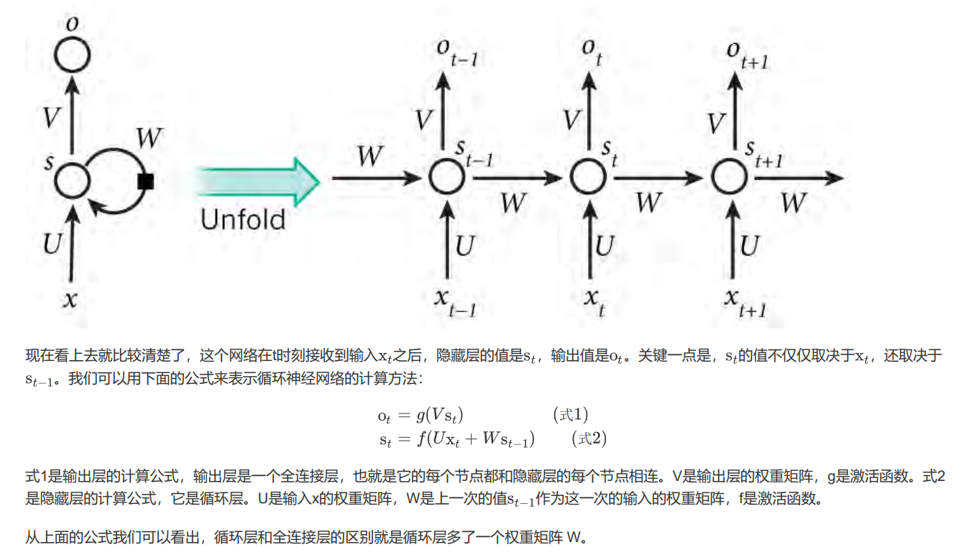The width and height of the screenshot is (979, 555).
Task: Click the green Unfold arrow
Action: tap(259, 180)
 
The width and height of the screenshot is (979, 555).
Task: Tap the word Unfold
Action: tap(243, 219)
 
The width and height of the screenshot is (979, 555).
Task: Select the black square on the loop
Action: tap(146, 181)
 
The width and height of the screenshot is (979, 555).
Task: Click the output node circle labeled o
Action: tap(72, 55)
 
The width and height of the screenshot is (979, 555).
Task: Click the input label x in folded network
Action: tap(70, 299)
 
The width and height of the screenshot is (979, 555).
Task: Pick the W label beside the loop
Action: tap(150, 138)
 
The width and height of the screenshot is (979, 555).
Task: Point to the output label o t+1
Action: tap(746, 53)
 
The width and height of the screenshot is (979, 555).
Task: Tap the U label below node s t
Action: tap(605, 247)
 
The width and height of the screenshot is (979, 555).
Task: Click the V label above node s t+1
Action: tap(716, 123)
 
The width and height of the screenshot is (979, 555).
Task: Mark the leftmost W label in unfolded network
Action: tap(370, 156)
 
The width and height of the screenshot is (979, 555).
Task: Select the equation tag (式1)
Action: tap(571, 415)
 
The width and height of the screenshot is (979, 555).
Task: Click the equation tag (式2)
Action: tap(589, 438)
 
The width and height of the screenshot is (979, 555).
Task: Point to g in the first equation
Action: tap(420, 416)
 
